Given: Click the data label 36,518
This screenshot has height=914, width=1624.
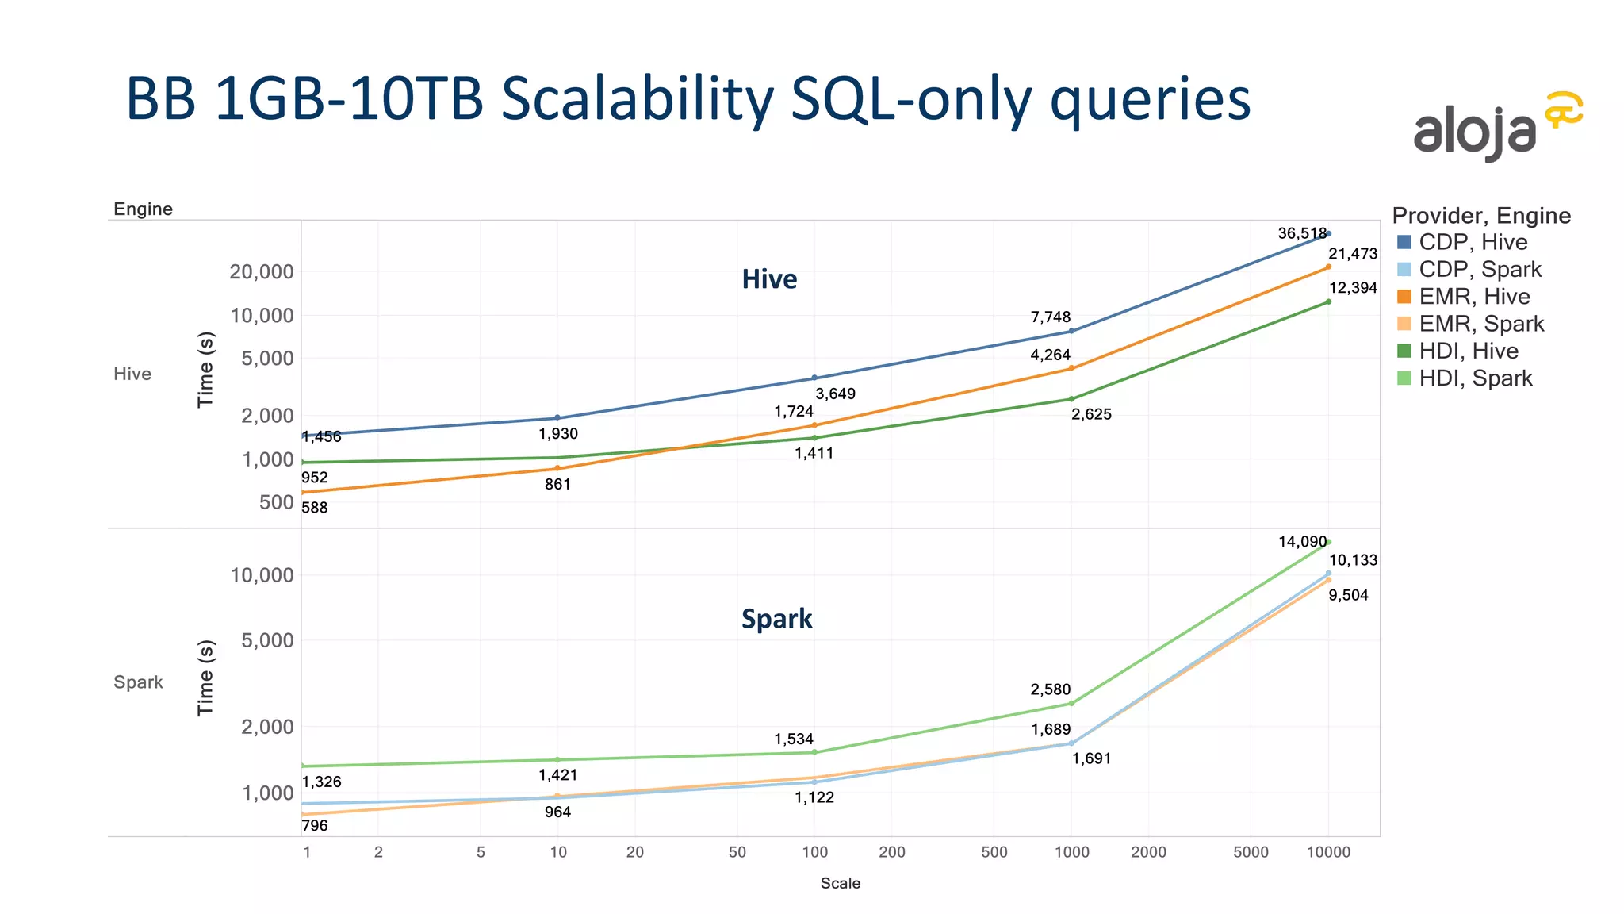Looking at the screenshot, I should pos(1301,233).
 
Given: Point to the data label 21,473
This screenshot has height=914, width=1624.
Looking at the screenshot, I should pos(1353,254).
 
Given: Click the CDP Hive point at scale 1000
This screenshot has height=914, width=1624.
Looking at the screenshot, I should pos(1071,331).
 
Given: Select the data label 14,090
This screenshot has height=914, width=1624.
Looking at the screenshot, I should pos(1301,542).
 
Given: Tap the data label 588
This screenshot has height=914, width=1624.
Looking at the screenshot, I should pos(315,508).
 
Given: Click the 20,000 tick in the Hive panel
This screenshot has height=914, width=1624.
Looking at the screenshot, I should pos(261,272).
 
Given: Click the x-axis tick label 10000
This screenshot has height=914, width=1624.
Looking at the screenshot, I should pos(1328,853).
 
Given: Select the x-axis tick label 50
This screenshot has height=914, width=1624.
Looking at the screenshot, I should pos(737,853).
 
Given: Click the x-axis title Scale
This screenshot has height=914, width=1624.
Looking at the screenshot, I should pos(840,884).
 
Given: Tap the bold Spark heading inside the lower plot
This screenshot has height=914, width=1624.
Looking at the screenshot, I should pos(776,619).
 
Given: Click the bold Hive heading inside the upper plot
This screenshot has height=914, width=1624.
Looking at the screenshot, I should pos(769,279).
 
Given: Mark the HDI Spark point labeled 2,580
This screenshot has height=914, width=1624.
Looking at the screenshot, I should pos(1071,703).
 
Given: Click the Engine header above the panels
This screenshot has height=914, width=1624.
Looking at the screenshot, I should pos(143,209).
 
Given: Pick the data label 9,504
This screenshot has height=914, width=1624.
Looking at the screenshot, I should pos(1348,596).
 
